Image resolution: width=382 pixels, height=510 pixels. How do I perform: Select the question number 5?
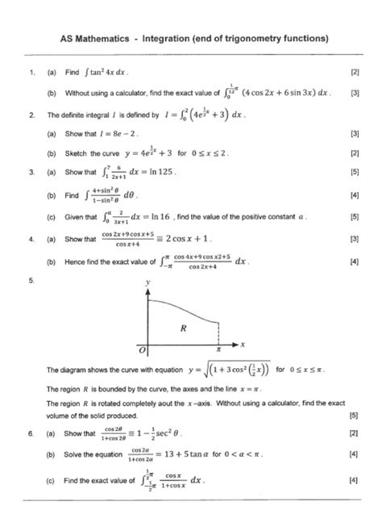point(31,282)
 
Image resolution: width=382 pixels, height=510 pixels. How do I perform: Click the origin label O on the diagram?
point(142,353)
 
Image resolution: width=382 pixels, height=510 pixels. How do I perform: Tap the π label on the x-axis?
point(221,351)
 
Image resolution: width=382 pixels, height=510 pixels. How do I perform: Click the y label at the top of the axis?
point(147,284)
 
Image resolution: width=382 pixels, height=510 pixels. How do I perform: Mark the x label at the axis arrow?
point(242,345)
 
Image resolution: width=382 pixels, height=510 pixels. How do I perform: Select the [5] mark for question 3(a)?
point(355,172)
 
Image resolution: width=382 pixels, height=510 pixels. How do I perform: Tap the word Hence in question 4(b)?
point(75,261)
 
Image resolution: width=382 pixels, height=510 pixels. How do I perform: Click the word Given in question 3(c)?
point(74,217)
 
